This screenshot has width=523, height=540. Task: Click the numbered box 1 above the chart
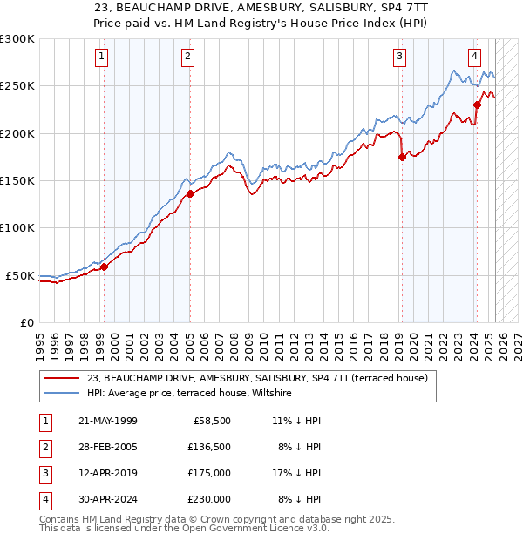point(102,57)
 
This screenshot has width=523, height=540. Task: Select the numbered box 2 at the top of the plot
point(188,57)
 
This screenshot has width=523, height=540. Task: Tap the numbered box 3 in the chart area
point(399,57)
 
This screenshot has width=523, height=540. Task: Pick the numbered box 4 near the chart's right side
point(474,57)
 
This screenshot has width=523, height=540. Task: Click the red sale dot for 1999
point(104,267)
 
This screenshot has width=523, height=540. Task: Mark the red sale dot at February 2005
point(190,193)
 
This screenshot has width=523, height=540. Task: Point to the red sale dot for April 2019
point(402,157)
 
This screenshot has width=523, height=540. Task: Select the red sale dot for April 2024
point(477,105)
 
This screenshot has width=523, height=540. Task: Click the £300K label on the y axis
point(17,39)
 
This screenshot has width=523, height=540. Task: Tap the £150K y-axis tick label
point(17,181)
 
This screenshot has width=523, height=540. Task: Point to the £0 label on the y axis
point(26,322)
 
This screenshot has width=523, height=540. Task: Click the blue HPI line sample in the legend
point(63,394)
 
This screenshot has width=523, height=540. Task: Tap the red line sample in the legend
point(63,379)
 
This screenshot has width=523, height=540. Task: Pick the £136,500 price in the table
point(209,447)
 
